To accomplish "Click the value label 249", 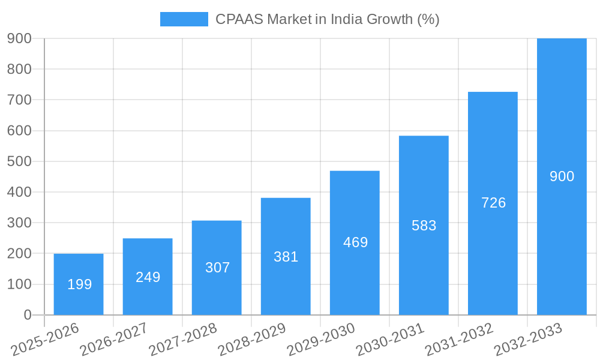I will [x=148, y=277].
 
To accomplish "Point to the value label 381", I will [x=286, y=257].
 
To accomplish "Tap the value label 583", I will [x=424, y=226].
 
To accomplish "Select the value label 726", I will [x=493, y=203].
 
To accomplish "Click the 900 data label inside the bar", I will [x=562, y=176].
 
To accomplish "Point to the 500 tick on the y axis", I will [x=19, y=161].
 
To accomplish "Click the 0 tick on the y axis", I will [x=28, y=315].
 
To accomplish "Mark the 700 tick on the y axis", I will [x=19, y=100].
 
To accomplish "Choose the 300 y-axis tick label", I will [x=19, y=223].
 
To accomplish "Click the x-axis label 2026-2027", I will [x=114, y=339].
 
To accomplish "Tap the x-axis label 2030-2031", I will [x=390, y=339].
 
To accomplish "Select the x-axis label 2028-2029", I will [x=252, y=339].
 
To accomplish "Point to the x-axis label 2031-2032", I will [x=459, y=339].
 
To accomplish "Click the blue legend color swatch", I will [x=184, y=19].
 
